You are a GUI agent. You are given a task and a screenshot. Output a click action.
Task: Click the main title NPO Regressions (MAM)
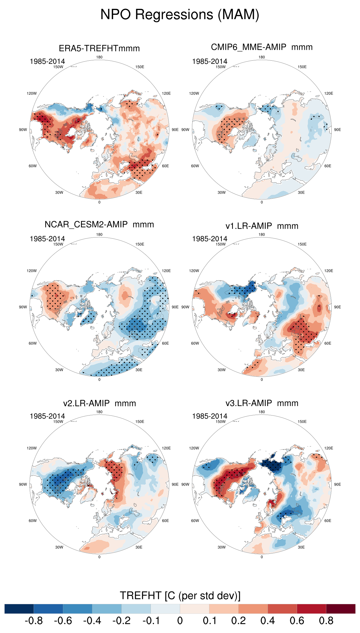[x=180, y=15]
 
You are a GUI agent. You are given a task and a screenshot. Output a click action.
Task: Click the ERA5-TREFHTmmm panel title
[x=99, y=48]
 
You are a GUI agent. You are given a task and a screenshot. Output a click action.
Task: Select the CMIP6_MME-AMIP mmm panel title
[x=262, y=47]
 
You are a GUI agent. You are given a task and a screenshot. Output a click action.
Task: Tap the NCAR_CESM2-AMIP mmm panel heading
[x=99, y=225]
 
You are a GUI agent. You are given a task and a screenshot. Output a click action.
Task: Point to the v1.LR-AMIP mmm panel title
[x=262, y=226]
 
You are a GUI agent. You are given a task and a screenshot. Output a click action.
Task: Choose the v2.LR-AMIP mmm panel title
[x=99, y=403]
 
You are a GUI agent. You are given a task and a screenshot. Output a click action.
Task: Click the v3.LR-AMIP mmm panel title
[x=262, y=403]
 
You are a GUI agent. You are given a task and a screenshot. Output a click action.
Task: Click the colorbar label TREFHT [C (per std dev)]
[x=180, y=596]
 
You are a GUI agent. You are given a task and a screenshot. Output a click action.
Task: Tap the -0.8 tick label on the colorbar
[x=34, y=621]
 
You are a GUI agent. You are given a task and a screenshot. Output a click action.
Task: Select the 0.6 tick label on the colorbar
[x=297, y=621]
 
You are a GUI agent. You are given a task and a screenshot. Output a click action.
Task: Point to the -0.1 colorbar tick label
[x=151, y=621]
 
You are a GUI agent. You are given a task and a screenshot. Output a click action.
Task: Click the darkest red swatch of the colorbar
[x=341, y=609]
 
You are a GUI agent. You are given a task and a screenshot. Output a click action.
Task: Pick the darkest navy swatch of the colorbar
[x=19, y=609]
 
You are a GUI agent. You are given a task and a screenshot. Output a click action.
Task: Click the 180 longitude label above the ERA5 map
[x=99, y=57]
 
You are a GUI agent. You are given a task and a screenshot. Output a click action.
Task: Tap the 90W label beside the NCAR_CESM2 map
[x=23, y=307]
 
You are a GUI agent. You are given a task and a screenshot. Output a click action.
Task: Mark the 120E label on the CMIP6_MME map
[x=329, y=93]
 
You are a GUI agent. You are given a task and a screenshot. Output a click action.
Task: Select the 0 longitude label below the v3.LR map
[x=262, y=557]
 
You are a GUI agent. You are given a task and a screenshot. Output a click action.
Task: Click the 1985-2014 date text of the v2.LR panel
[x=47, y=416]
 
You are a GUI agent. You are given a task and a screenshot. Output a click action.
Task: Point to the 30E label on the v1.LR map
[x=301, y=370]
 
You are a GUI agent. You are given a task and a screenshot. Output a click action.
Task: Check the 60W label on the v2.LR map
[x=33, y=521]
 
